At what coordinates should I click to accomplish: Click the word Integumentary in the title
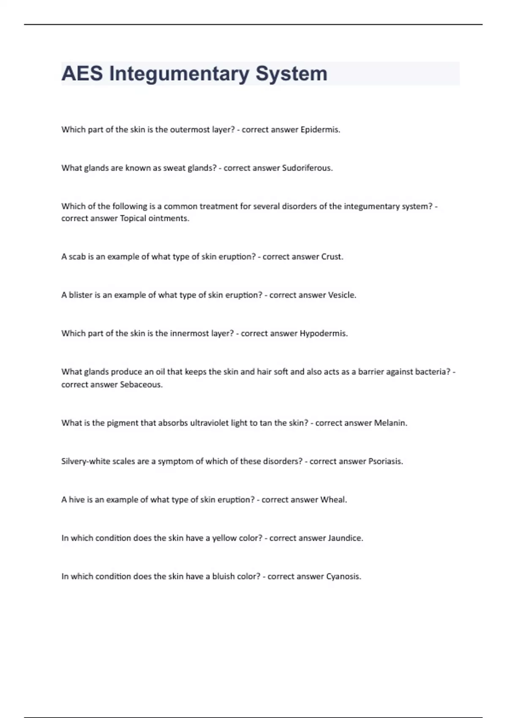(179, 74)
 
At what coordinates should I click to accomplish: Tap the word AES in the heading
(82, 73)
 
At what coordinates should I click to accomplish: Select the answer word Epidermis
(320, 130)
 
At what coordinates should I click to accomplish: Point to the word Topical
(133, 218)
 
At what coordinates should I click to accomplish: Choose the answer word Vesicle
(342, 295)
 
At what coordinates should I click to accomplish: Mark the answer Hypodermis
(324, 334)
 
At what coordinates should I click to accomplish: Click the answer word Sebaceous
(141, 385)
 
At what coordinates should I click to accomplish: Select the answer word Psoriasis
(385, 462)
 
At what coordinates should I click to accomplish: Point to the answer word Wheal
(333, 500)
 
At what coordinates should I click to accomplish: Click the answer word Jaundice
(345, 538)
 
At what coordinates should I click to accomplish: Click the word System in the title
(291, 74)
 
